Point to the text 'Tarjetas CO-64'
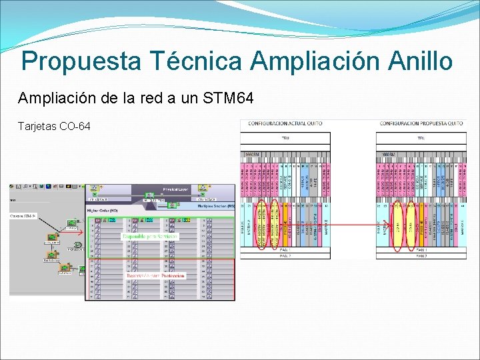tap(54, 126)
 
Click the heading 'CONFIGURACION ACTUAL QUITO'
tap(285, 123)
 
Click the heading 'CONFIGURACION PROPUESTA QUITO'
tap(421, 123)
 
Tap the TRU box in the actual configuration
tap(285, 139)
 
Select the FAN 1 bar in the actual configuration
tap(285, 249)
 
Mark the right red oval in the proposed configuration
tap(413, 225)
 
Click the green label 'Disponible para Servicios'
tap(149, 237)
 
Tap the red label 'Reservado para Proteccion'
tap(155, 275)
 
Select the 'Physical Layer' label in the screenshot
tap(175, 189)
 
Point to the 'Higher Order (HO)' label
tap(103, 211)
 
